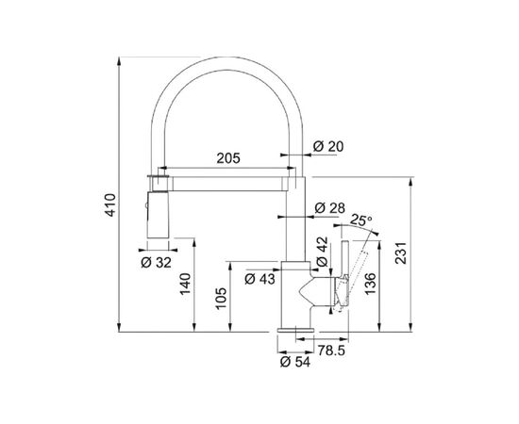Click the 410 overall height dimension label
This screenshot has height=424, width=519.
[110, 205]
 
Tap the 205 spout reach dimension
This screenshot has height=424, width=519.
[228, 158]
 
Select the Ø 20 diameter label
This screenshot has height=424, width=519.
[328, 146]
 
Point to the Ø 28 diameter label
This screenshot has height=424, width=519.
[329, 208]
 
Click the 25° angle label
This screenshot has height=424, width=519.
[361, 220]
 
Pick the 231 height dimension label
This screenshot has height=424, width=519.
[401, 253]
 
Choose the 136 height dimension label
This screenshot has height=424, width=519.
[371, 284]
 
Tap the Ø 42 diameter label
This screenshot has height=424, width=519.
[322, 252]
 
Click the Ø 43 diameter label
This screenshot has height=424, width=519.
[259, 279]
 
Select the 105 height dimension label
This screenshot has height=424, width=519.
[221, 299]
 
